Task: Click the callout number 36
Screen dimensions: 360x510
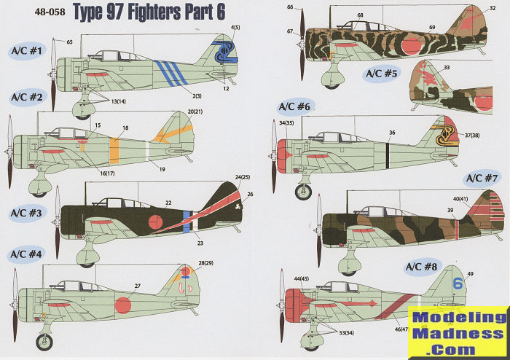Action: (x=392, y=133)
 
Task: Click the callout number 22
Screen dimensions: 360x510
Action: (x=168, y=203)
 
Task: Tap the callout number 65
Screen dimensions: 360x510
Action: (x=69, y=43)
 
